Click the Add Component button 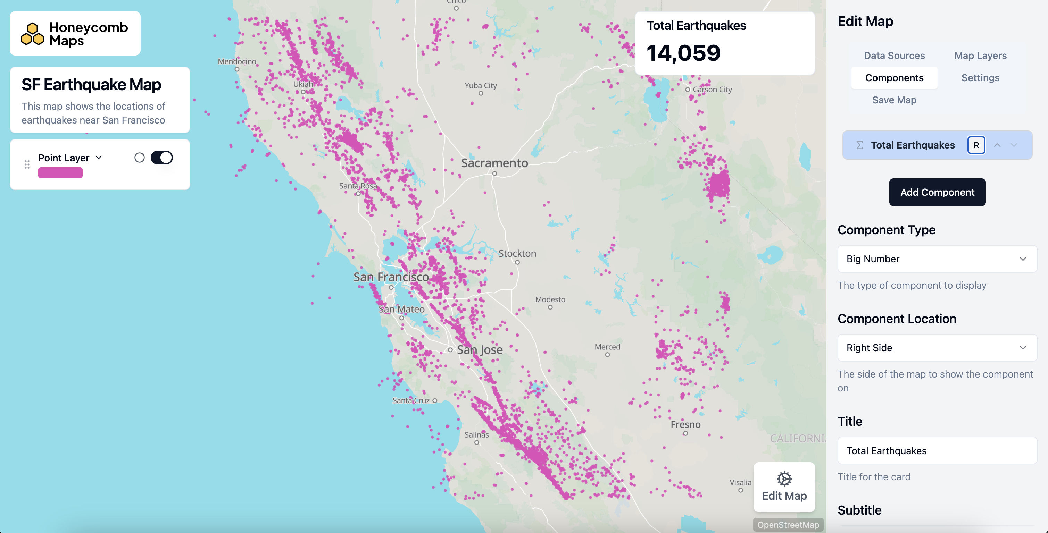click(x=937, y=192)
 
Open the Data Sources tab click(x=894, y=56)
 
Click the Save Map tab click(x=894, y=100)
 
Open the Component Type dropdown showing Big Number click(x=937, y=259)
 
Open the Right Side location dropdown click(x=937, y=348)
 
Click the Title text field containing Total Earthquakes click(x=937, y=450)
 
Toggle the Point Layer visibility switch click(x=161, y=158)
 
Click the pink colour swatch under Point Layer click(x=60, y=173)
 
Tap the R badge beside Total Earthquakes click(x=976, y=145)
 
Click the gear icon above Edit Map click(x=784, y=479)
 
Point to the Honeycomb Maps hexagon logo click(x=33, y=34)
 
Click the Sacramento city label click(x=494, y=163)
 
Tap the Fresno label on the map click(x=685, y=424)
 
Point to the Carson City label click(x=712, y=90)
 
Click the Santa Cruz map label click(x=410, y=400)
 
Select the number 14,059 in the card click(x=683, y=53)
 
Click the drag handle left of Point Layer click(x=27, y=164)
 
